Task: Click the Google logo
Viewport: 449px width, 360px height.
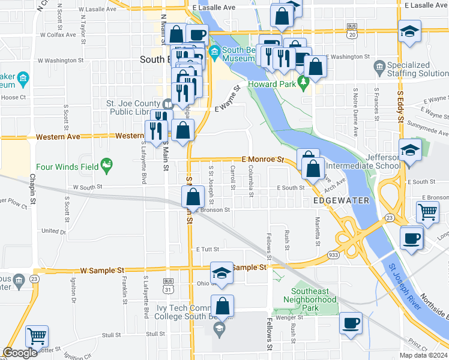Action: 20,353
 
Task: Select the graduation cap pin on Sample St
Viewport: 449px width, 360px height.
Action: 221,272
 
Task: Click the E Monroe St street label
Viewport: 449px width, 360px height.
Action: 262,160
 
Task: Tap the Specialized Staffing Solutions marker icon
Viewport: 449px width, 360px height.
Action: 379,65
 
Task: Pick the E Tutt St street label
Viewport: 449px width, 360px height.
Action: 207,249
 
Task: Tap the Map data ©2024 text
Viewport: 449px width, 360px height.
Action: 423,355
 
